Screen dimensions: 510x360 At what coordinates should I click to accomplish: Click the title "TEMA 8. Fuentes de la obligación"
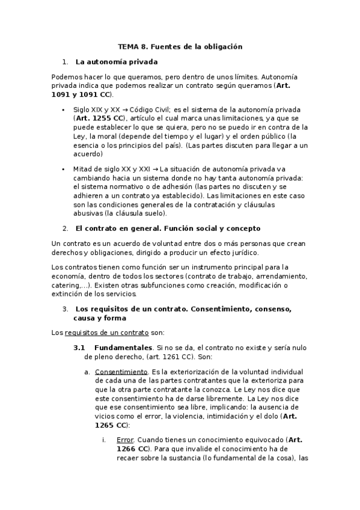tap(180, 46)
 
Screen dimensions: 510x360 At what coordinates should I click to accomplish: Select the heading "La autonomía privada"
tap(117, 61)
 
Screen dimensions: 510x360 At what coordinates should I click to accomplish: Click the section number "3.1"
tap(80, 348)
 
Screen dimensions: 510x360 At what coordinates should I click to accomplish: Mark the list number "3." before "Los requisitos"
tap(66, 309)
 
